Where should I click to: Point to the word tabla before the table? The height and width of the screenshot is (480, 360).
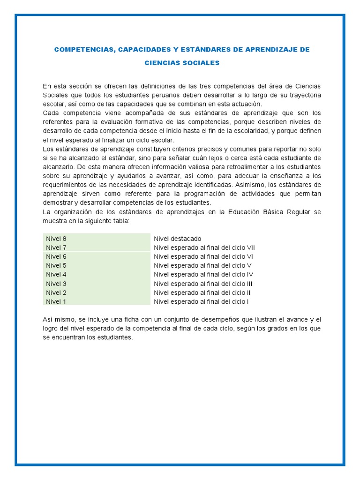(x=120, y=221)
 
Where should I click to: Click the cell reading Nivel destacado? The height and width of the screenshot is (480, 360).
(x=177, y=239)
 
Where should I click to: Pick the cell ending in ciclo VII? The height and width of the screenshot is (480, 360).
(x=204, y=247)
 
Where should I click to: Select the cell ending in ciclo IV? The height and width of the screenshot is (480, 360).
(x=203, y=274)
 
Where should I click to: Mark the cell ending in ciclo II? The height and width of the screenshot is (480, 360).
(x=202, y=292)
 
